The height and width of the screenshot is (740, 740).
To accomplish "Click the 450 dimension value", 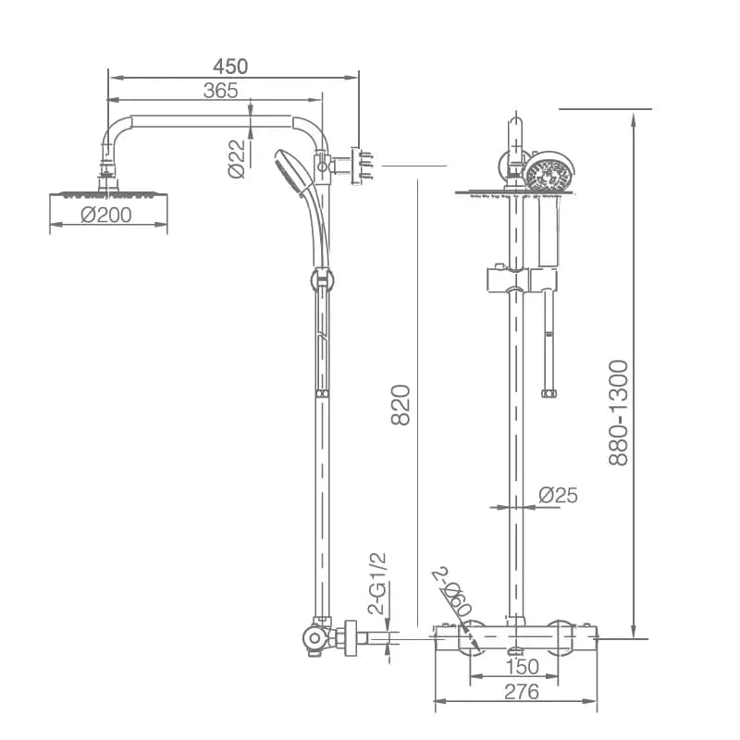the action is pos(230,67).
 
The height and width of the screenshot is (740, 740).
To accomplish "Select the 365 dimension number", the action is pos(220,91).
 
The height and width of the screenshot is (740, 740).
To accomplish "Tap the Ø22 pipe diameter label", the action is pos(238,158).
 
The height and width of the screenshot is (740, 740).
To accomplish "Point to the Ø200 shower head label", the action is pos(106,216).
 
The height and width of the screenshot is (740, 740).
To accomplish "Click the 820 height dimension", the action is pos(401,405).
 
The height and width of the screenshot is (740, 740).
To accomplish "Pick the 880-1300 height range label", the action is pos(618,413).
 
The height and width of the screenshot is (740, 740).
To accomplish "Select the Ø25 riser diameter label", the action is pos(559,495).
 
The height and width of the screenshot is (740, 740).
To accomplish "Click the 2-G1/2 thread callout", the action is pos(377,584).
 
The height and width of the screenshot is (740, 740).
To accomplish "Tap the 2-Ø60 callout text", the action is pos(453,591).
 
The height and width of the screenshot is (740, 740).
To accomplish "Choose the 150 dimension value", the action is pos(523,667).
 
